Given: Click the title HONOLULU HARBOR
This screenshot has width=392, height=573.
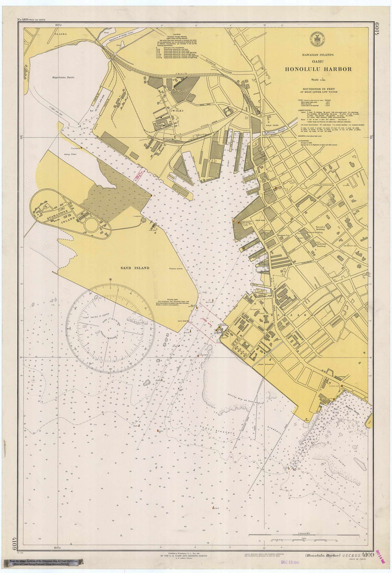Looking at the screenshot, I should coord(319,69).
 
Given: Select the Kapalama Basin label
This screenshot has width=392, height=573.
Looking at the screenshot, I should coord(63,77).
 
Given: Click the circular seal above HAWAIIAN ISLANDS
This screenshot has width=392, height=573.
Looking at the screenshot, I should coord(318,40).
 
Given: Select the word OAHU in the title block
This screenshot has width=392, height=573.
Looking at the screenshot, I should coord(319,62).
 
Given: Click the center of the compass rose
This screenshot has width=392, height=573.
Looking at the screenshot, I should coord(111,328).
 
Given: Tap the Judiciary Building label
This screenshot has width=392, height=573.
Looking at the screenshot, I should coord(330,244).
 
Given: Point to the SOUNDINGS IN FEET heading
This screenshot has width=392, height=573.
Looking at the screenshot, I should coord(319,90).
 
